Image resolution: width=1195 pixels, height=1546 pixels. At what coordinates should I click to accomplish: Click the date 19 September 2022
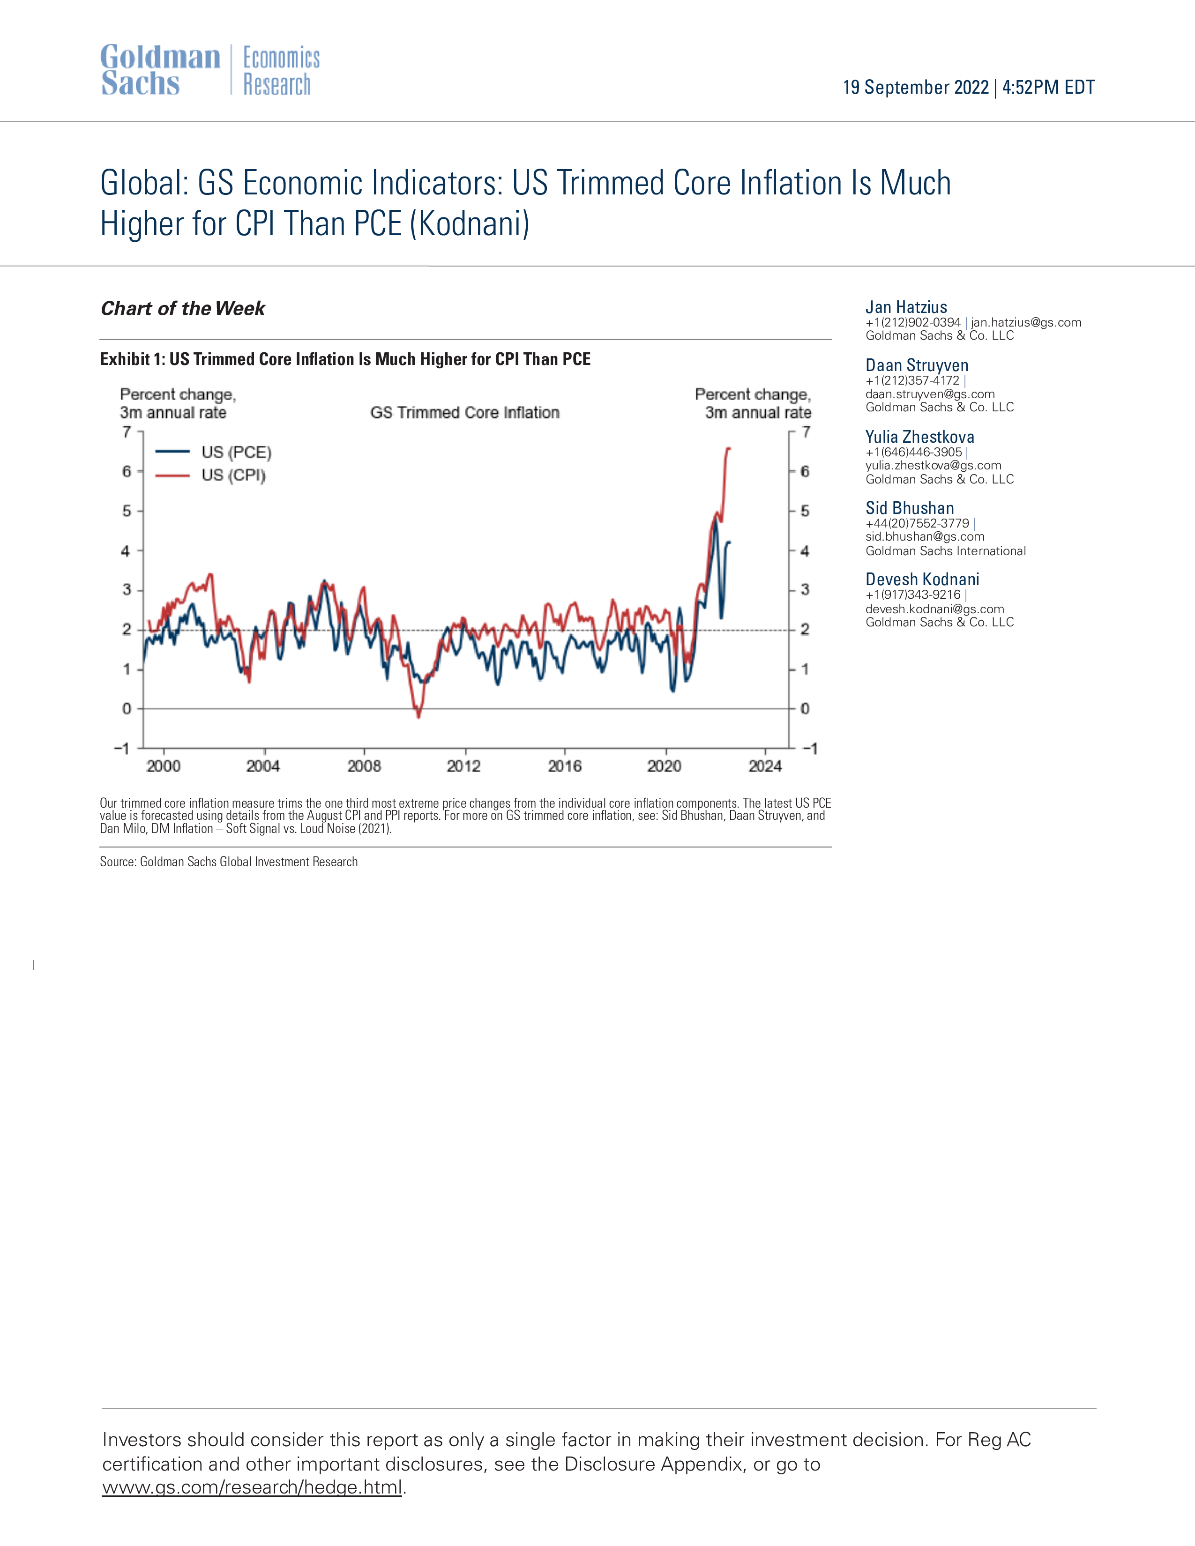[915, 87]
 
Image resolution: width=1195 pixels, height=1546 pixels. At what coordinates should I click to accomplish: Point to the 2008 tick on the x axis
[364, 766]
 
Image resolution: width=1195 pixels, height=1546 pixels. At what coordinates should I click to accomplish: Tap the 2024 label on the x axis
[765, 766]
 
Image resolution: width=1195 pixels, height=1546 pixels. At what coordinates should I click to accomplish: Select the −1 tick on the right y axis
[810, 748]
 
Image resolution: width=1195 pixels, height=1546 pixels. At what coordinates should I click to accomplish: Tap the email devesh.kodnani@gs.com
[934, 609]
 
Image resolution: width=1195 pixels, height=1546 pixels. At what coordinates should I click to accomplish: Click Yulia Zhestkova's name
[919, 437]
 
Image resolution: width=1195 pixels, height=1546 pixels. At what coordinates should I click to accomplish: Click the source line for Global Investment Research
[229, 862]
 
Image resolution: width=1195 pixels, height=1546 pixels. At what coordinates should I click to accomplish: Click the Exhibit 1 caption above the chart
[345, 359]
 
